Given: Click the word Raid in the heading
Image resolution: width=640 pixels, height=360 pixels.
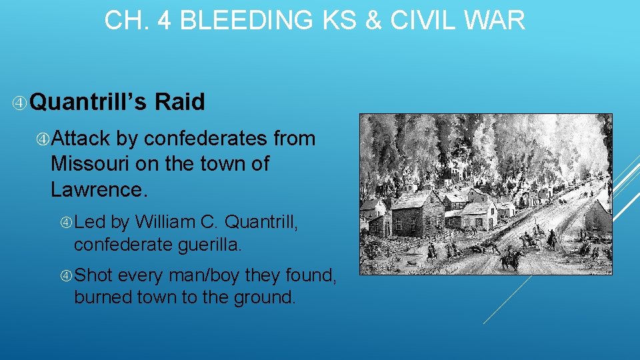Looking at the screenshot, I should [x=179, y=102].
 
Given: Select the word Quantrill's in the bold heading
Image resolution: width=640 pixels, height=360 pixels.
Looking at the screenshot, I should [x=89, y=102].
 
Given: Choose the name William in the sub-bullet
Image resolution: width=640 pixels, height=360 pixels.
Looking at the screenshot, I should [x=167, y=221].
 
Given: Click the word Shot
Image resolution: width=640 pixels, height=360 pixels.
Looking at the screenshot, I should [x=95, y=275].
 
